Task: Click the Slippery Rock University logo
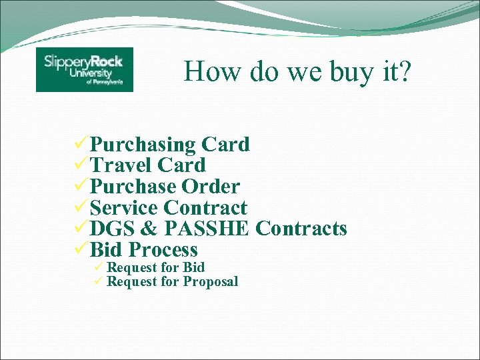(85, 69)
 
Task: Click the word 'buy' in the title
(350, 71)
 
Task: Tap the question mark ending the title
(405, 70)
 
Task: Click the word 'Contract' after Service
(205, 208)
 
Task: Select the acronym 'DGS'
(111, 229)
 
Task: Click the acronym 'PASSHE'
(207, 229)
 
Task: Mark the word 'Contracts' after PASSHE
(301, 229)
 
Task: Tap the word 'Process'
(163, 250)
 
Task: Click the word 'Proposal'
(211, 282)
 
